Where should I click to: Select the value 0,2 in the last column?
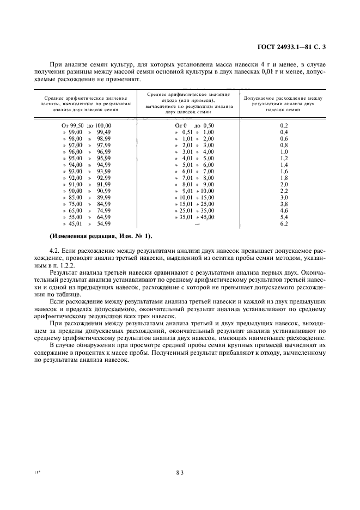[x=283, y=125]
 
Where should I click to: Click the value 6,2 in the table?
[x=283, y=224]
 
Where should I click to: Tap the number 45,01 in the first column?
[x=75, y=224]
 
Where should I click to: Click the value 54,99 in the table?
[x=103, y=224]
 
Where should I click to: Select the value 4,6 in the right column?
[x=283, y=210]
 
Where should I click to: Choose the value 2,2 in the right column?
[x=283, y=191]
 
